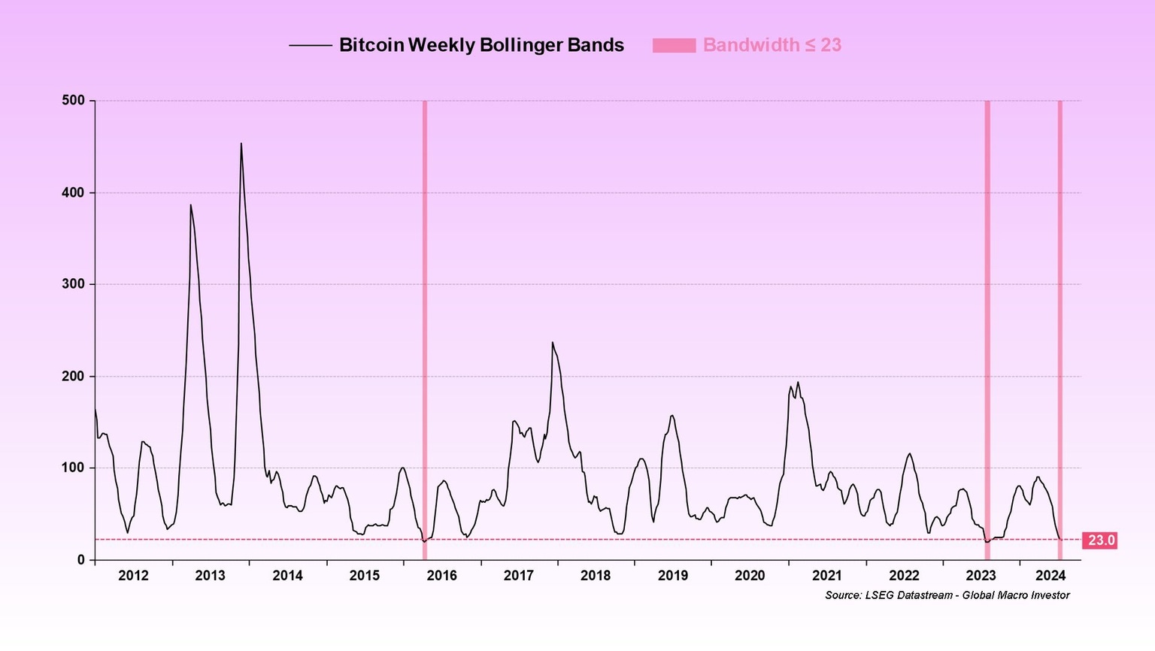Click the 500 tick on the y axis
tap(73, 101)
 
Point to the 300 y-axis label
tap(73, 284)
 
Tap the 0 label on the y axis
tap(81, 560)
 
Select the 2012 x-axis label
tap(133, 576)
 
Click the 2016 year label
tap(441, 576)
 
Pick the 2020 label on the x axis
tap(750, 576)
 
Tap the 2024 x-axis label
tap(1050, 576)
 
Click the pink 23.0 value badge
tap(1101, 540)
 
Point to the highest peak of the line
tap(241, 144)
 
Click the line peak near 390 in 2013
tap(190, 205)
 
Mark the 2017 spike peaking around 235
tap(553, 343)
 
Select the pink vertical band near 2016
tap(425, 331)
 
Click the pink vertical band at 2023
tap(987, 331)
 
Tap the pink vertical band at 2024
tap(1060, 331)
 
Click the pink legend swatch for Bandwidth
tap(674, 46)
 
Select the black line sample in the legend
tap(310, 46)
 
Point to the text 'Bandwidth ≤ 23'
tap(772, 46)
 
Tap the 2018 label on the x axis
tap(596, 576)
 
